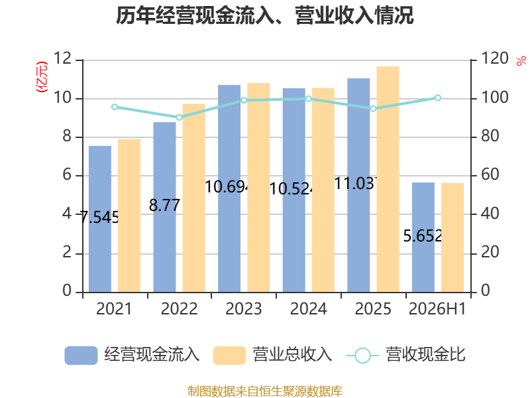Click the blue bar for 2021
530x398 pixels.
click(x=100, y=219)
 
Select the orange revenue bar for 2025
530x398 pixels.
click(x=388, y=179)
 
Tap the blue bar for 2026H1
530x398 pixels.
click(x=423, y=237)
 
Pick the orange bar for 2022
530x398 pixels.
click(x=194, y=198)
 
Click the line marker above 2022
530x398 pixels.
click(x=179, y=117)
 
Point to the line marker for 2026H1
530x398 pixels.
click(x=438, y=98)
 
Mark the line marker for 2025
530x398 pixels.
click(x=373, y=109)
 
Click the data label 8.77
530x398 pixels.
click(x=164, y=205)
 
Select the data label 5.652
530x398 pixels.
click(x=423, y=235)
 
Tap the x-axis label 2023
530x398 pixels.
click(x=244, y=308)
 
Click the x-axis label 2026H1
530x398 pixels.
click(x=437, y=308)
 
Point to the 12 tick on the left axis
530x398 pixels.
click(x=63, y=58)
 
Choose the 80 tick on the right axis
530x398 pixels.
click(x=490, y=136)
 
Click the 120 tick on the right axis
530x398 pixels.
click(x=495, y=58)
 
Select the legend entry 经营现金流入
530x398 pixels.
click(x=132, y=355)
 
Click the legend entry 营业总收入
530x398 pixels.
click(x=273, y=355)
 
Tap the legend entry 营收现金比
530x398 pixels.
click(x=406, y=355)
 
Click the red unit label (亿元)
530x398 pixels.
click(x=42, y=77)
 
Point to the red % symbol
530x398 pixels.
click(x=521, y=61)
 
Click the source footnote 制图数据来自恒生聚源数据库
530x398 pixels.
click(x=265, y=391)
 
